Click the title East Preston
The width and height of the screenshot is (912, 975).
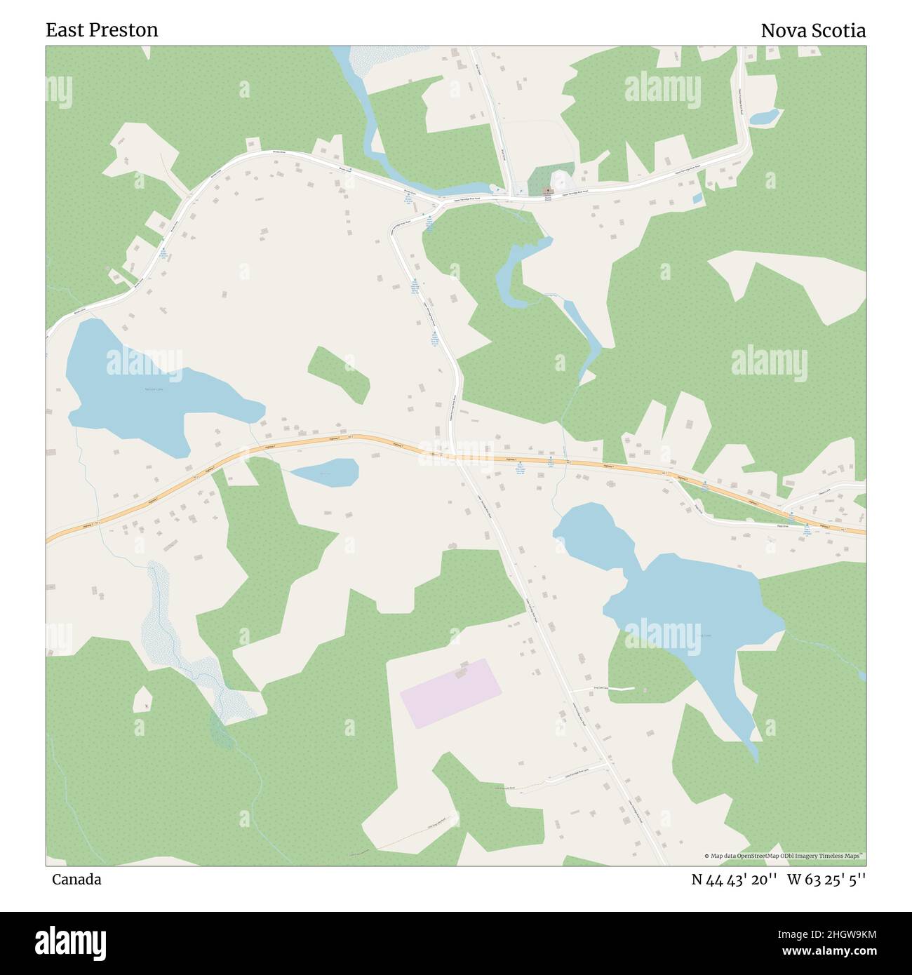(x=102, y=30)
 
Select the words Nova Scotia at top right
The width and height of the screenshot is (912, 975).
(x=813, y=30)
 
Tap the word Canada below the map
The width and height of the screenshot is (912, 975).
(x=76, y=879)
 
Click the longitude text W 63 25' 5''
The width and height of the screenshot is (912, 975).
(x=826, y=879)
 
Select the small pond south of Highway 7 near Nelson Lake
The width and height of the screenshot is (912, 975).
(x=325, y=472)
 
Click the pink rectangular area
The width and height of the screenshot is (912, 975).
(x=451, y=692)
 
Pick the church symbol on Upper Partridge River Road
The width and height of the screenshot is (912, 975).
(x=548, y=191)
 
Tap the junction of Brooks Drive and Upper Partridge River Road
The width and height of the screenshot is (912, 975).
(x=440, y=203)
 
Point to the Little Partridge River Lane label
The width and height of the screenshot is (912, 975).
(x=572, y=777)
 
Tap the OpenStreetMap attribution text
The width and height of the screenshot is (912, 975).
(x=784, y=856)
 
